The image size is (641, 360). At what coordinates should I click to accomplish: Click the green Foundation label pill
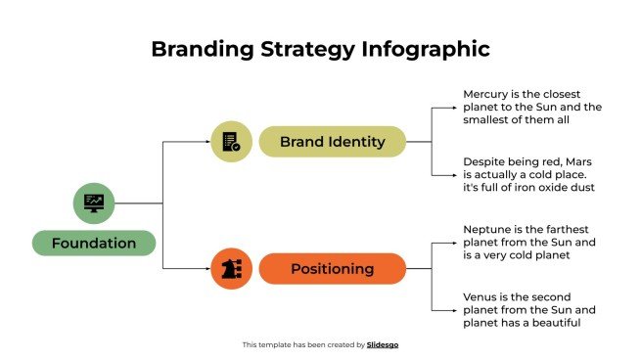click(94, 243)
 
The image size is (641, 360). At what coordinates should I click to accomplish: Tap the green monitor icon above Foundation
click(95, 203)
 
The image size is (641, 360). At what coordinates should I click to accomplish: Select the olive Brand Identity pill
click(332, 142)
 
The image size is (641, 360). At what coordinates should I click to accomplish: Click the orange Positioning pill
click(332, 268)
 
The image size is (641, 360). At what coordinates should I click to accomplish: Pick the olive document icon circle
click(231, 142)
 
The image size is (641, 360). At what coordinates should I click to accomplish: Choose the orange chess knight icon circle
click(232, 268)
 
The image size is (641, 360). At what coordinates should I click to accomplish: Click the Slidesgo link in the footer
click(383, 344)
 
